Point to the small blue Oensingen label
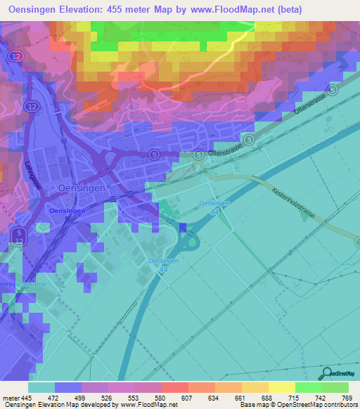coord(67,211)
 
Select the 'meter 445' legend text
coord(18,397)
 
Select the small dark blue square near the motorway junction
coord(184,227)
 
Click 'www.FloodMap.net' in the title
coord(264,8)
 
